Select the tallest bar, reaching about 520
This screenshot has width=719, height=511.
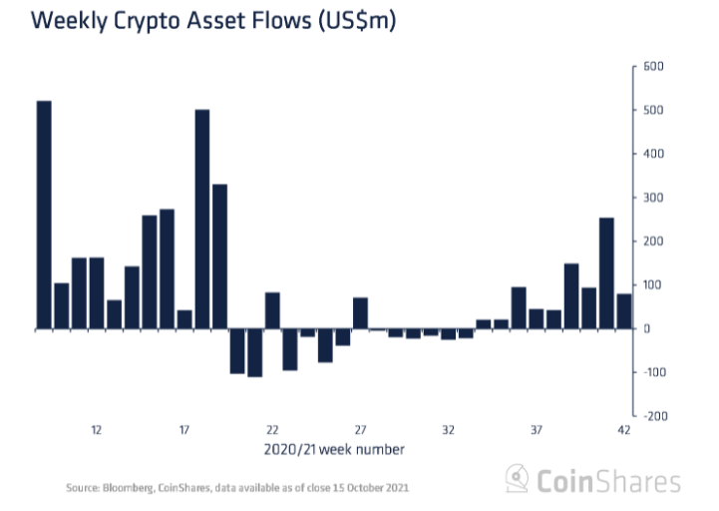pyautogui.click(x=44, y=215)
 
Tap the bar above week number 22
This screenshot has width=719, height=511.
pyautogui.click(x=272, y=310)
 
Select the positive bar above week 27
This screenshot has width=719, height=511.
pyautogui.click(x=360, y=313)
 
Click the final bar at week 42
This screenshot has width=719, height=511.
pyautogui.click(x=624, y=311)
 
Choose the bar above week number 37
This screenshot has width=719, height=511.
pyautogui.click(x=536, y=318)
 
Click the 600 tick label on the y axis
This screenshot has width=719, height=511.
pyautogui.click(x=653, y=67)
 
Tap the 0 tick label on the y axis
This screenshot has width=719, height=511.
pyautogui.click(x=646, y=328)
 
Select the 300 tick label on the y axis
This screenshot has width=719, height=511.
pyautogui.click(x=653, y=198)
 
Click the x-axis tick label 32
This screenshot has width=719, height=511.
pyautogui.click(x=448, y=430)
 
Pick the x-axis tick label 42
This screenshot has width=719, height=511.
pyautogui.click(x=624, y=430)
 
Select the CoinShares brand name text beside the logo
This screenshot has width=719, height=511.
pyautogui.click(x=608, y=482)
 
